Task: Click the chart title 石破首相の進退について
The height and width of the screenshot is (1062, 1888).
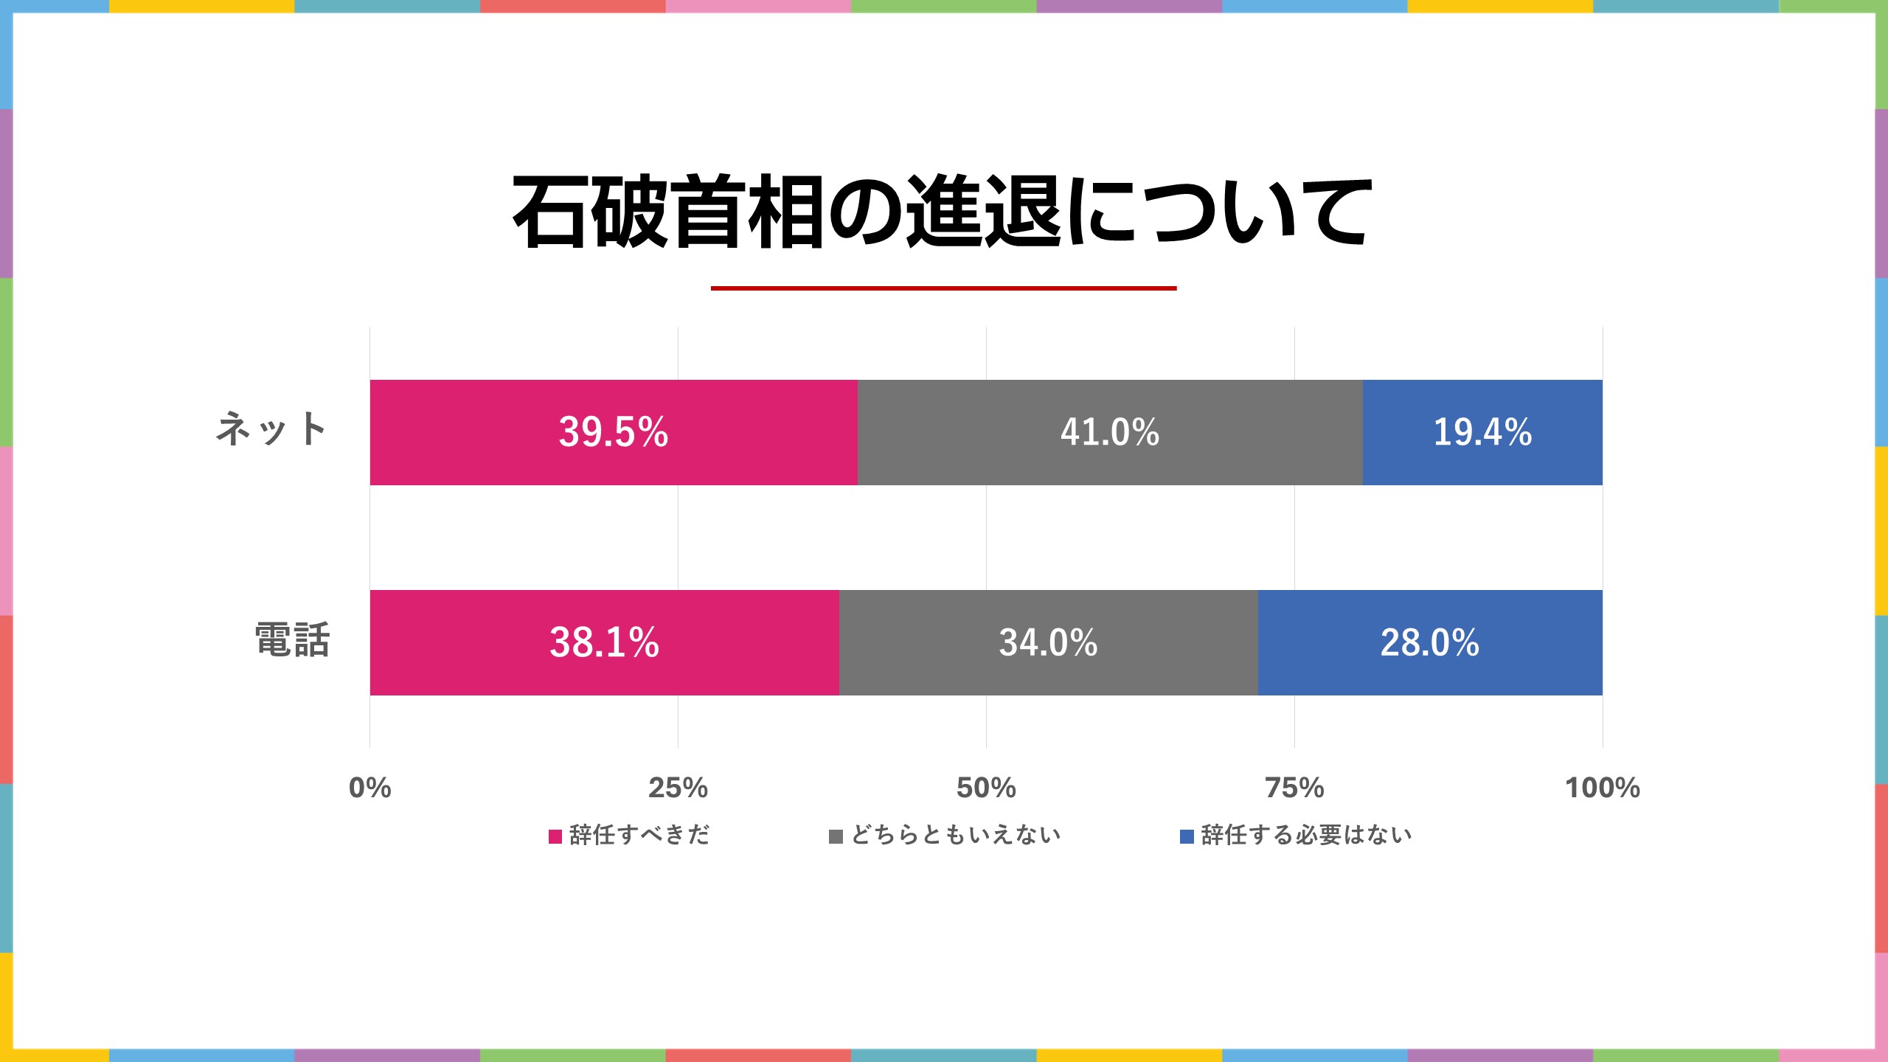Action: click(943, 212)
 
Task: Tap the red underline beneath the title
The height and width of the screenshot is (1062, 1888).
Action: click(943, 288)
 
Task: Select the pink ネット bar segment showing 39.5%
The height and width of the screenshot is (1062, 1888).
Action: click(614, 432)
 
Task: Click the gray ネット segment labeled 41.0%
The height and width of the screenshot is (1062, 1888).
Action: click(1110, 432)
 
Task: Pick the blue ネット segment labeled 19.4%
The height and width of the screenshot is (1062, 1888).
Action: click(1482, 432)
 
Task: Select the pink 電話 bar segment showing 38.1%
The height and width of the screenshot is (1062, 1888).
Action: click(604, 642)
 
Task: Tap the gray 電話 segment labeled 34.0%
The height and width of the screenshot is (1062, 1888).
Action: click(1048, 642)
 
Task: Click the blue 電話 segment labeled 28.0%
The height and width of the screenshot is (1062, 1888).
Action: click(1430, 642)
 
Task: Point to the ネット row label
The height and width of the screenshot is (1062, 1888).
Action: click(271, 429)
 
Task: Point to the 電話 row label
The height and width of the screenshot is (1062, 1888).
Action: click(292, 640)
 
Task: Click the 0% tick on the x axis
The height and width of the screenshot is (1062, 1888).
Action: click(369, 788)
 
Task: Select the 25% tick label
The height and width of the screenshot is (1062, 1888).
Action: click(678, 788)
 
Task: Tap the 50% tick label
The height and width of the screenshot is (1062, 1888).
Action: click(986, 788)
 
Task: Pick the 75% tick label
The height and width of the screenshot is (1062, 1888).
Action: click(1294, 788)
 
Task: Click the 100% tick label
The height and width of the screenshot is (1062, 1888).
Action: click(1603, 788)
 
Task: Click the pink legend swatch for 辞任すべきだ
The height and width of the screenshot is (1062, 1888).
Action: click(555, 836)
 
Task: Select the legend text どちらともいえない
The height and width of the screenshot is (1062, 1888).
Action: click(956, 835)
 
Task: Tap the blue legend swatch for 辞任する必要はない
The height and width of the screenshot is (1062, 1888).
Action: click(1187, 836)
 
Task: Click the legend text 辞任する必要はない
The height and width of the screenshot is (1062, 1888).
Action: click(1306, 835)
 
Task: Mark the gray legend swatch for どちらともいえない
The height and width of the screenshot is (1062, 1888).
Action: click(836, 836)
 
